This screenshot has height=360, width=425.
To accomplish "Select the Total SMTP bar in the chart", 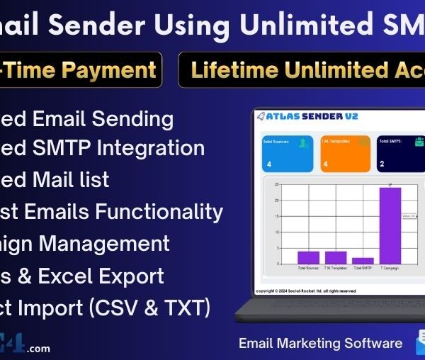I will [x=363, y=261].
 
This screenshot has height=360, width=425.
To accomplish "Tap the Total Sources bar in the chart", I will [x=308, y=257].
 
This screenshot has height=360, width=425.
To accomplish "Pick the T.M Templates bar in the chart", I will [x=335, y=257].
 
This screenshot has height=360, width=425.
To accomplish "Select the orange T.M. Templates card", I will [x=345, y=154].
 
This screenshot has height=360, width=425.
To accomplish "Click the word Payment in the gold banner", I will [x=118, y=69].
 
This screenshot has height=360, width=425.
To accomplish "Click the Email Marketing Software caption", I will [x=321, y=344].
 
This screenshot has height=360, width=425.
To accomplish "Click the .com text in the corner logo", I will [x=40, y=348].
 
